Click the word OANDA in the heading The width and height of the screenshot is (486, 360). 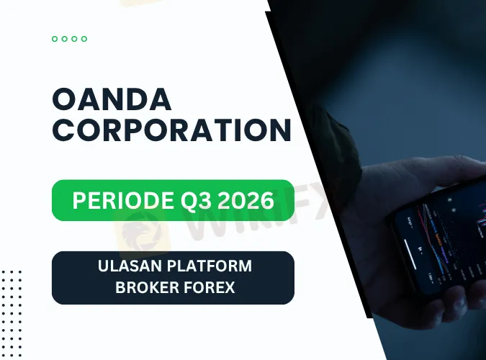(x=112, y=99)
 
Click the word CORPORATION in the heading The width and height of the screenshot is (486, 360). (x=172, y=130)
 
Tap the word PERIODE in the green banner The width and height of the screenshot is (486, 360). (x=123, y=200)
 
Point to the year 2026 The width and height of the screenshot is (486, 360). (x=246, y=200)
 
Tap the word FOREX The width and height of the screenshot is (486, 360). (x=210, y=287)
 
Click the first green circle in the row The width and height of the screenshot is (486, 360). (x=55, y=39)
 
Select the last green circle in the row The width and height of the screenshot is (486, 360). (x=84, y=39)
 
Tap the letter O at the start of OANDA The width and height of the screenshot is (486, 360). (x=65, y=99)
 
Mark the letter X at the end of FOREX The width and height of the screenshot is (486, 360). (x=229, y=287)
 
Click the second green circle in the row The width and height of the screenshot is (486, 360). (x=65, y=39)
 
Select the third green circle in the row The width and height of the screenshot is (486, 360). (x=74, y=39)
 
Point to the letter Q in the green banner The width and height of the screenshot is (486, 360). (x=189, y=201)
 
